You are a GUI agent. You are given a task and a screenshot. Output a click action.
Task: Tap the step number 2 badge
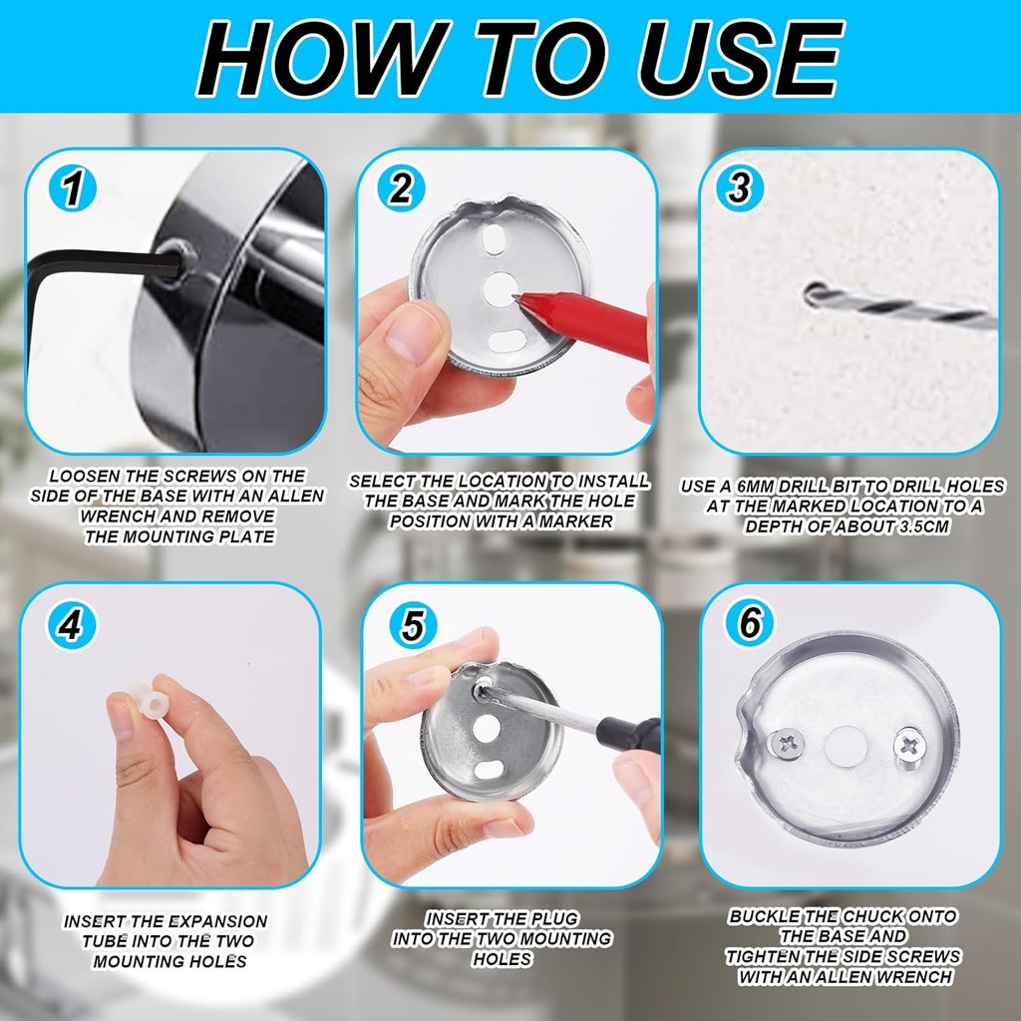[401, 188]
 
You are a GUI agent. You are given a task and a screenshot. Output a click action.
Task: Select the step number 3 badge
[739, 188]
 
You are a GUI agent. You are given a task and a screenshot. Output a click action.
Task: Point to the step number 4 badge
[70, 625]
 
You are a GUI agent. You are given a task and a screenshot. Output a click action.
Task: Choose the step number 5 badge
[413, 625]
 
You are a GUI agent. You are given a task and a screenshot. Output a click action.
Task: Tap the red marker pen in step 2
[588, 321]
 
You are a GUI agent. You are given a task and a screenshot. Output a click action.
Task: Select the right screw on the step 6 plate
[909, 742]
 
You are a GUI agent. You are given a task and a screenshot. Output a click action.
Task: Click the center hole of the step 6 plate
[848, 742]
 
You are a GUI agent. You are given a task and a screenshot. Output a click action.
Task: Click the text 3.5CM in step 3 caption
[917, 526]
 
